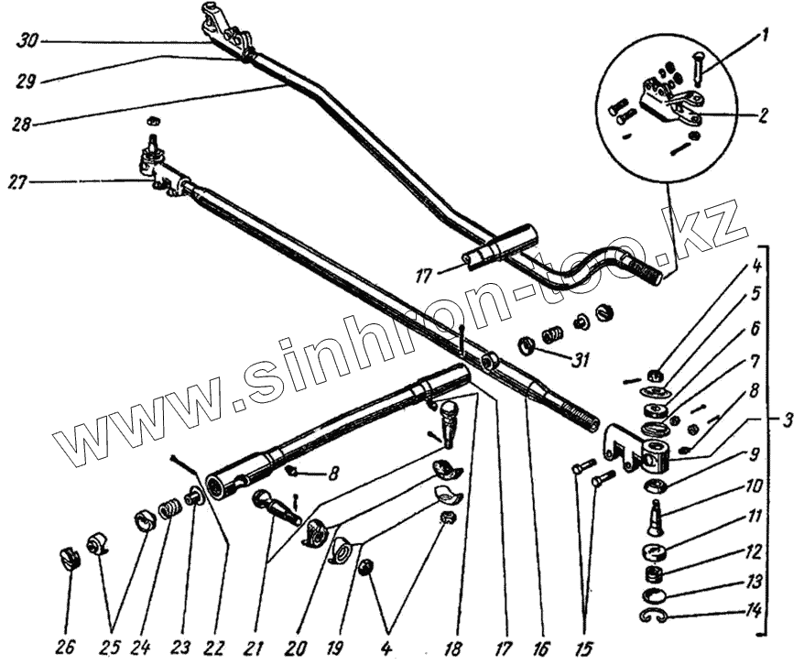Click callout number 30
coord(27,40)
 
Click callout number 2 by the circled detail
coord(763,116)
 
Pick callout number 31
coord(577,360)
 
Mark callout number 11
coord(753,518)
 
